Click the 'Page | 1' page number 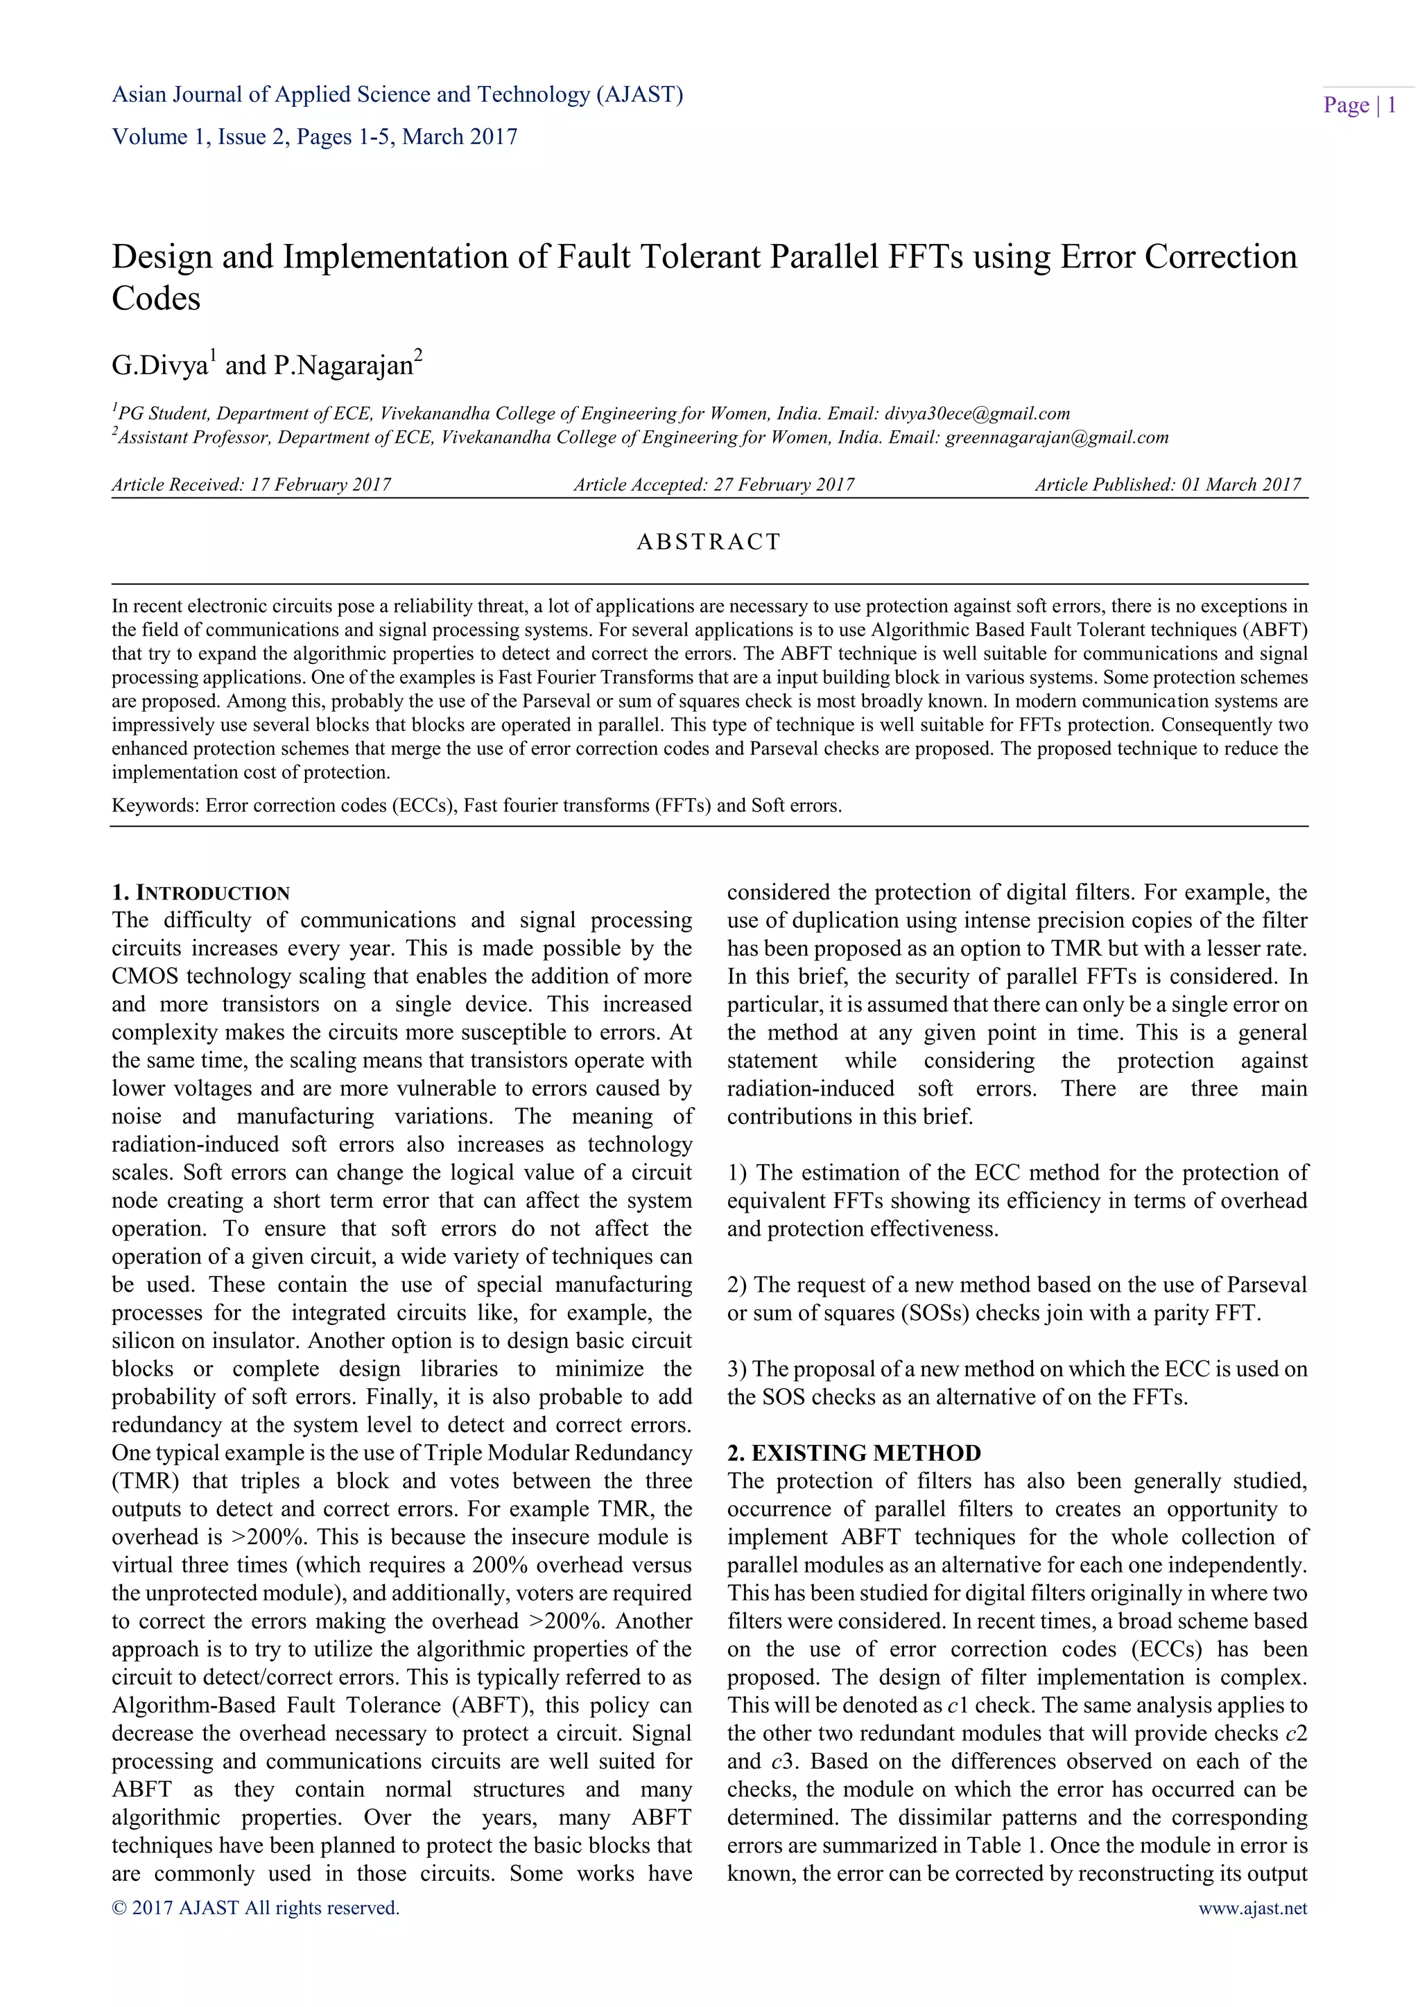(x=1359, y=106)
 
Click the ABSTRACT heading (x=708, y=542)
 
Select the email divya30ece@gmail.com (x=977, y=414)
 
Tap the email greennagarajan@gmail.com (x=1056, y=437)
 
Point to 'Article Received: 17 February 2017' (x=251, y=484)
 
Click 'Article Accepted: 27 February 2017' (x=713, y=484)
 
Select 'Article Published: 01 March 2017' (x=1168, y=484)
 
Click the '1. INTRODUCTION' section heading (x=200, y=893)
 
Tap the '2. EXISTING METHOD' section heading (x=854, y=1453)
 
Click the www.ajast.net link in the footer (x=1252, y=1907)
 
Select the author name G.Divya (x=159, y=365)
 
